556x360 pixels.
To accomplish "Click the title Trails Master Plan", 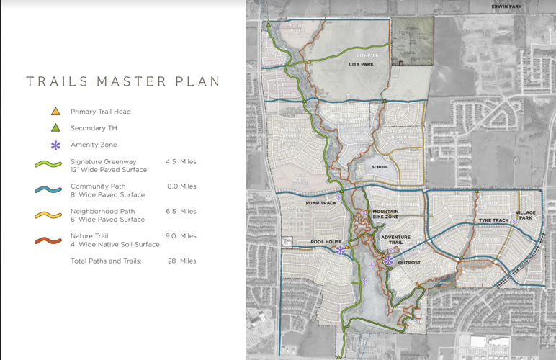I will click(x=123, y=81).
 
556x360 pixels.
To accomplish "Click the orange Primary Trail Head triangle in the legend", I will click(x=55, y=112).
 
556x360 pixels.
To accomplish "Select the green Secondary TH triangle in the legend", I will click(x=55, y=128).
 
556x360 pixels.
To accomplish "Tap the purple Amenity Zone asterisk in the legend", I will click(x=55, y=145).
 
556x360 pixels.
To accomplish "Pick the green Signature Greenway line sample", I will click(x=49, y=165).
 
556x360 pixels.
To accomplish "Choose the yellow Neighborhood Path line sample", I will click(x=49, y=215).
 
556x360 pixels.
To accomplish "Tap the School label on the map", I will click(x=380, y=167).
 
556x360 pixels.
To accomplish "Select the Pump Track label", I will click(x=321, y=203).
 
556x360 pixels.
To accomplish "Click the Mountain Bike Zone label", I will click(x=385, y=214).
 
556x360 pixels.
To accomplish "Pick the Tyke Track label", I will click(x=494, y=220).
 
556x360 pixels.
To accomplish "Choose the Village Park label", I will click(x=526, y=215).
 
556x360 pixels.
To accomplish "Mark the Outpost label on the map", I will click(x=409, y=263).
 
